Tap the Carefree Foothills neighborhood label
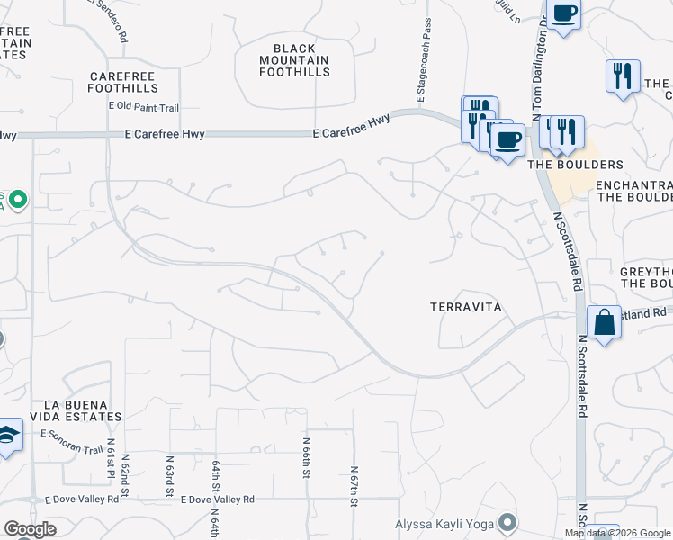click(123, 82)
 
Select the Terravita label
click(463, 307)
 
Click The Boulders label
click(575, 165)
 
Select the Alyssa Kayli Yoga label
click(446, 523)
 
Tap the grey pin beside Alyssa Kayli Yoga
click(507, 522)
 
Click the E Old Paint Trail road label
click(144, 107)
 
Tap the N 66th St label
click(307, 458)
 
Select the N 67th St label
click(354, 486)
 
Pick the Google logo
click(30, 529)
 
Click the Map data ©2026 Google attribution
click(617, 533)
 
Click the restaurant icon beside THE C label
click(622, 76)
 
